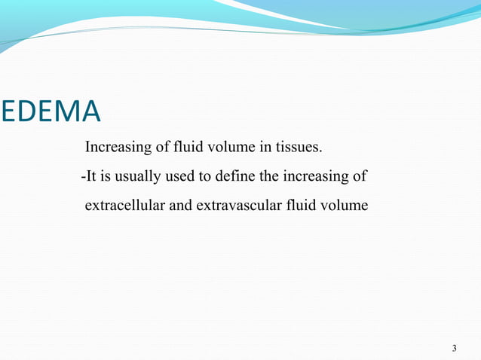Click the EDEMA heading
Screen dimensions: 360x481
tap(51, 111)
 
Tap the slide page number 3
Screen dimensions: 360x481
tap(455, 349)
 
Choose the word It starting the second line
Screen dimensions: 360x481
tap(90, 177)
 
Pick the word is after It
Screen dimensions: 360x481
tap(106, 177)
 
